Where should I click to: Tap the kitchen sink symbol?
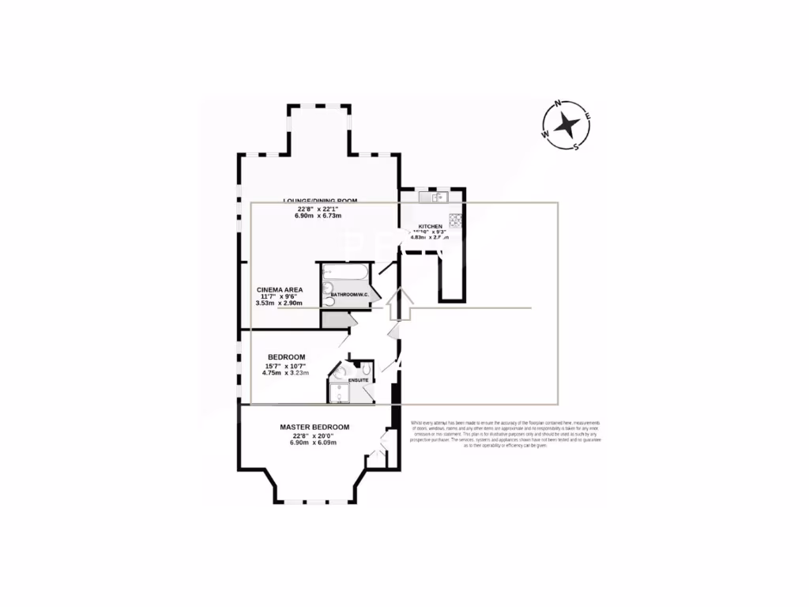coord(439,197)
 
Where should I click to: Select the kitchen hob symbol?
coord(455,220)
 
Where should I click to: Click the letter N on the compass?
coord(559,104)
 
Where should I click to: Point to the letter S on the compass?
coord(577,147)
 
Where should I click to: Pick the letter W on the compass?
coord(545,134)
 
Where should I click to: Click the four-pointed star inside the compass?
coord(566,125)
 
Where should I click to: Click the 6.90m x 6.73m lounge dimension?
coord(317,215)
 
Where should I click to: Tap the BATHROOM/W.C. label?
coord(350,295)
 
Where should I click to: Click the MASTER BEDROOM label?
coord(314,428)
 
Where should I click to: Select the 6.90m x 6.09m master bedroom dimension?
coord(313,443)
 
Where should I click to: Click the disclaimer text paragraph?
coord(506,434)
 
